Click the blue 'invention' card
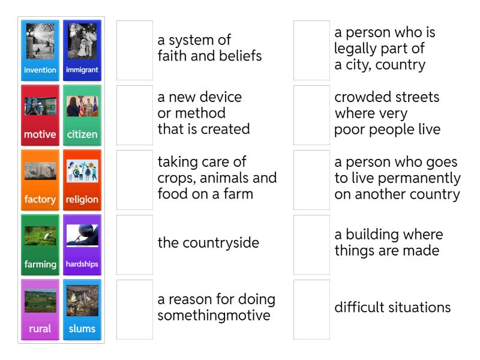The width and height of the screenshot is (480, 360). point(40,50)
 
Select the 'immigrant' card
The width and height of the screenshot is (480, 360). point(82,50)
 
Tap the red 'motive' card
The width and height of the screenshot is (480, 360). point(40,115)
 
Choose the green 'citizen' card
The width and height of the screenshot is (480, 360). point(82,115)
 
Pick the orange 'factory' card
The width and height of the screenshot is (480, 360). point(40,180)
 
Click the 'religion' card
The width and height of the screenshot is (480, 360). point(82,180)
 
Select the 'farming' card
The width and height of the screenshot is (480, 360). point(40,245)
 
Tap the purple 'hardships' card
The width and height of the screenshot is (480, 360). point(82,245)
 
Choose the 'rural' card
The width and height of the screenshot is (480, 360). point(40,310)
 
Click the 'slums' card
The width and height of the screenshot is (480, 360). point(82,310)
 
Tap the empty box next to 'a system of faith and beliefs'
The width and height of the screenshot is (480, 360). point(134,50)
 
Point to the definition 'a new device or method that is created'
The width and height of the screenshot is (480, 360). point(203,113)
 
